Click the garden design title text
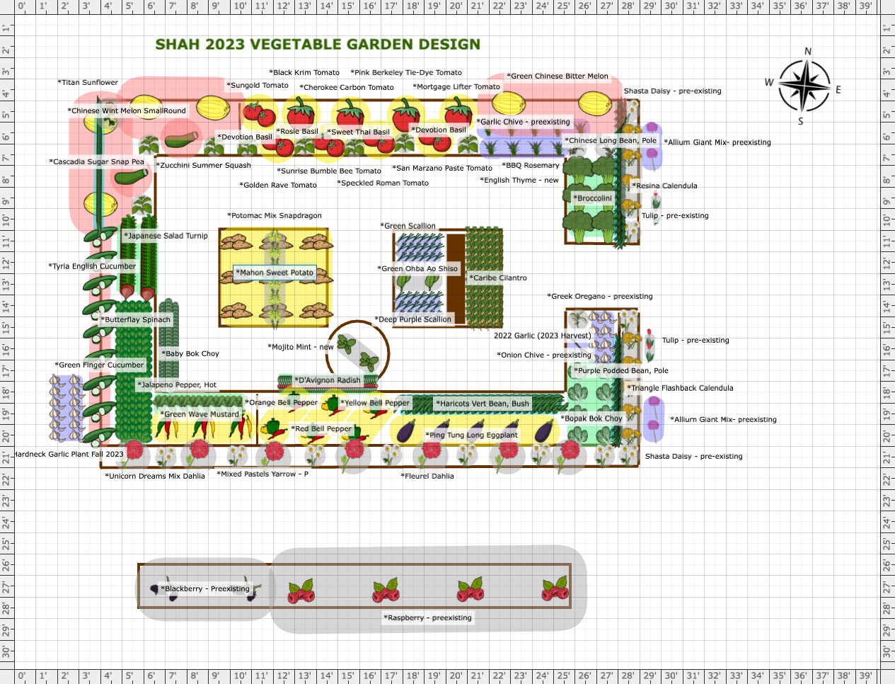[318, 44]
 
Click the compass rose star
[804, 86]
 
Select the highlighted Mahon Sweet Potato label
[275, 273]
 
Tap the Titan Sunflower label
[88, 82]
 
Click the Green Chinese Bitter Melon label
[558, 76]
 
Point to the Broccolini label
[592, 198]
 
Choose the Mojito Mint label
[301, 347]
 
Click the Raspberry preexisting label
[427, 617]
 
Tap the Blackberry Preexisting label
[204, 588]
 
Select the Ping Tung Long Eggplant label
[471, 435]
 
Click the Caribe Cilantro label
[498, 278]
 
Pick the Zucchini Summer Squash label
[204, 165]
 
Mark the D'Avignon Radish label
[328, 380]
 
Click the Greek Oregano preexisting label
[600, 296]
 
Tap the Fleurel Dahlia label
[427, 476]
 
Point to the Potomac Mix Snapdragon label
[275, 215]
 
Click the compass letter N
[808, 52]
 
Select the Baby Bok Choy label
[190, 353]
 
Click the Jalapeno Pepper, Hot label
[177, 384]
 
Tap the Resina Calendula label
[664, 186]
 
